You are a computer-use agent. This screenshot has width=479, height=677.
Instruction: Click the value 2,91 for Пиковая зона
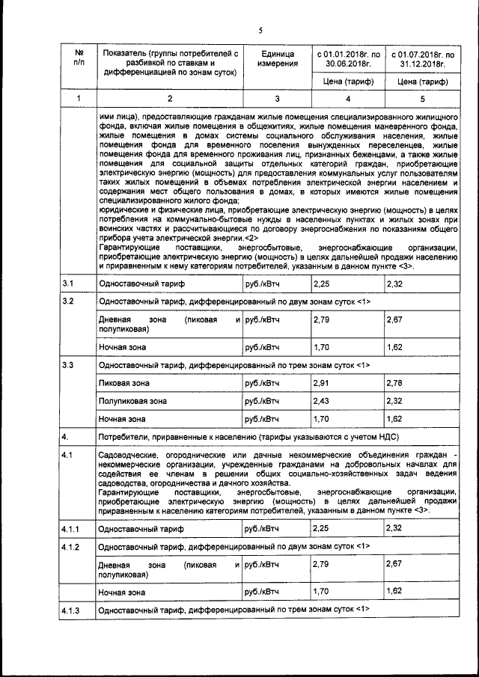(322, 383)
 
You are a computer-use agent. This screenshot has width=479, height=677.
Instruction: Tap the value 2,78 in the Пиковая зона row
(394, 383)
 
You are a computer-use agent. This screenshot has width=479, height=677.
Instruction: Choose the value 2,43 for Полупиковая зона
(322, 400)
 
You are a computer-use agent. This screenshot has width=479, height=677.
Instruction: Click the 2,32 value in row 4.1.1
(394, 528)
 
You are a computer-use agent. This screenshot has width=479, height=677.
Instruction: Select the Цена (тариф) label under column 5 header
(421, 82)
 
